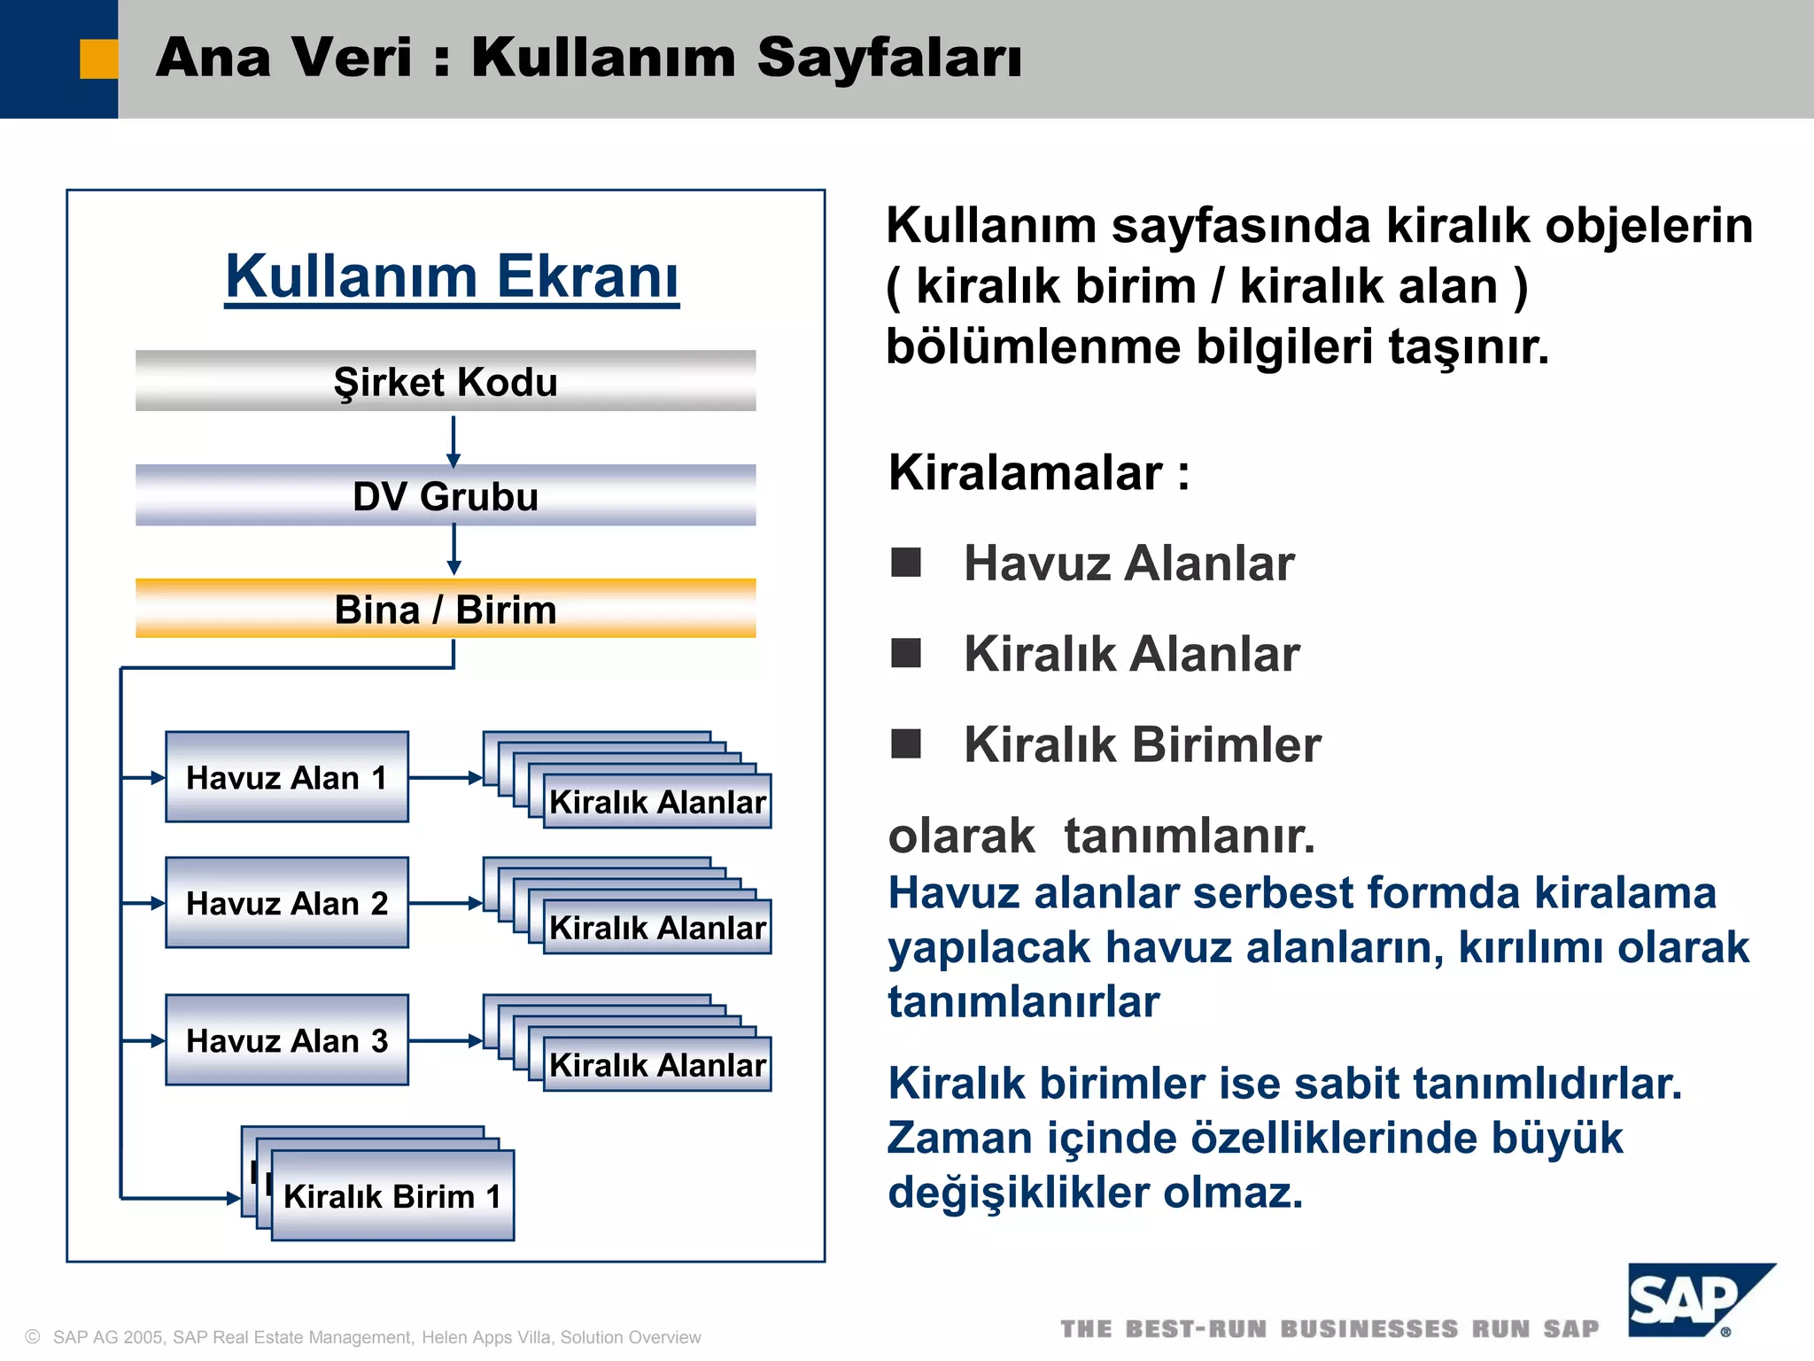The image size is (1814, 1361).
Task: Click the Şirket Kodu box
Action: [446, 381]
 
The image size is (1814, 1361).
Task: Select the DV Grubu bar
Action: [446, 495]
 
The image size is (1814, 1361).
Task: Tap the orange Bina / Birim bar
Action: [446, 609]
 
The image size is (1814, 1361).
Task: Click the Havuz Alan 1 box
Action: [287, 777]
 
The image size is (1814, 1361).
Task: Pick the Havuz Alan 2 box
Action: [287, 903]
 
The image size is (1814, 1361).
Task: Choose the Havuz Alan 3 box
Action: [287, 1040]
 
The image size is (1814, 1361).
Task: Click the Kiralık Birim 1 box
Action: [392, 1196]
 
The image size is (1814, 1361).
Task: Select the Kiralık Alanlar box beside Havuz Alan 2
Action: [656, 927]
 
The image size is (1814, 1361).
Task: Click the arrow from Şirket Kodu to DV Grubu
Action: [453, 440]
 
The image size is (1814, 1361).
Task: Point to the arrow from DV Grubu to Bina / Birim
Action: [453, 550]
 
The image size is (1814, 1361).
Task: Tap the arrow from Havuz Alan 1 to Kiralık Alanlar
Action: [446, 777]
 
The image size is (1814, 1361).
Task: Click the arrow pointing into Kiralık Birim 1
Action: [182, 1199]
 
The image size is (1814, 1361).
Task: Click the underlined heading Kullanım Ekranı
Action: [452, 276]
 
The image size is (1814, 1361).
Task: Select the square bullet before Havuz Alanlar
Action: [905, 562]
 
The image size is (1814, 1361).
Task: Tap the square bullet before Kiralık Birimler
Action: [905, 743]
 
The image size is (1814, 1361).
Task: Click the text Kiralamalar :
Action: [1038, 472]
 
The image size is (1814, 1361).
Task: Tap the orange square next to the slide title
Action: [98, 59]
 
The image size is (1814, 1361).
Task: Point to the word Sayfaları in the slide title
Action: [889, 58]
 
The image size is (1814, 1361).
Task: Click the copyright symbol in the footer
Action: [33, 1336]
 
